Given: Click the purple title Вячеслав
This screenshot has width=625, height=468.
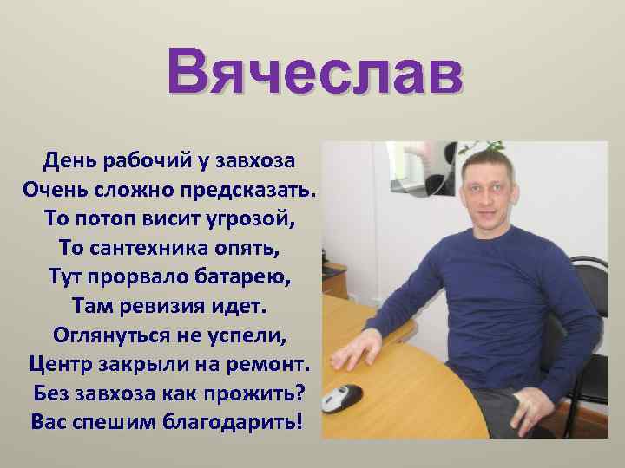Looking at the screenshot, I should pyautogui.click(x=313, y=72).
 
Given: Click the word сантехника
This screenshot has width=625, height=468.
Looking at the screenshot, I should pyautogui.click(x=153, y=248).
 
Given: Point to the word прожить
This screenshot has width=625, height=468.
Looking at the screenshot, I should pyautogui.click(x=258, y=393).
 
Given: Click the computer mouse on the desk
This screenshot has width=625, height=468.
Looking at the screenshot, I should pyautogui.click(x=341, y=398).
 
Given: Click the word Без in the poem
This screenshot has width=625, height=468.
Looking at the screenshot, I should pyautogui.click(x=52, y=393).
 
